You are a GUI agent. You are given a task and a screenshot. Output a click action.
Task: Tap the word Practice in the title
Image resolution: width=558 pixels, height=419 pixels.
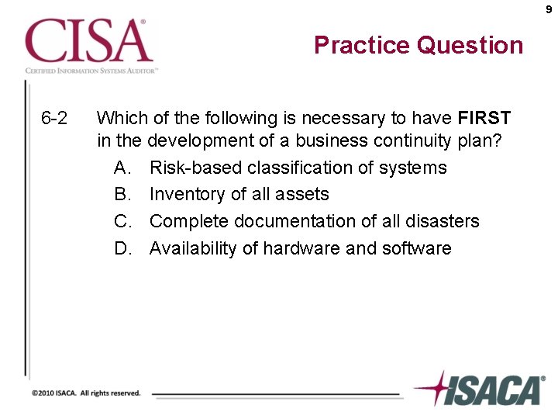[x=362, y=45]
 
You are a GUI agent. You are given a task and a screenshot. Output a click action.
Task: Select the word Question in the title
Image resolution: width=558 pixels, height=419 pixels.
[x=470, y=45]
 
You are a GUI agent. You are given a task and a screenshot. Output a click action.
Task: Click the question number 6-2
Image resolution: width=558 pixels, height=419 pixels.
[x=54, y=119]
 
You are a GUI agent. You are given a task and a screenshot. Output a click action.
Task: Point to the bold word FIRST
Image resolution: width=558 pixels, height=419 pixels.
[x=484, y=119]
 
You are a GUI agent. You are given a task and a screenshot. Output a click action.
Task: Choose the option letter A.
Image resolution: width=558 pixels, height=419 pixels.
[x=122, y=168]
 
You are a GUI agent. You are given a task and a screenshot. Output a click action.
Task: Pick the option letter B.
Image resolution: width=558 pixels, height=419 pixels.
[x=122, y=194]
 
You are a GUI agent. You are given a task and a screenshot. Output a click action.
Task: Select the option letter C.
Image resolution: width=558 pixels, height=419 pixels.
[x=122, y=221]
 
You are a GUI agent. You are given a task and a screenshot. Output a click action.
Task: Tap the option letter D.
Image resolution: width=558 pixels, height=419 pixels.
[x=122, y=248]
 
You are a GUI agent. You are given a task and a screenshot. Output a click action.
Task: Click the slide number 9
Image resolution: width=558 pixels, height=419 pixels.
[x=549, y=10]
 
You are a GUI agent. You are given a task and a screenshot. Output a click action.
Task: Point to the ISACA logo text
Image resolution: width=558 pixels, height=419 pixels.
[x=496, y=390]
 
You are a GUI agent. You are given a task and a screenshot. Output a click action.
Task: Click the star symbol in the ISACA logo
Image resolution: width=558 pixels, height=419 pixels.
[x=433, y=388]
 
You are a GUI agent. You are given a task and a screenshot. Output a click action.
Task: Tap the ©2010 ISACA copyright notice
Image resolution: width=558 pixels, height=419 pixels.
[x=86, y=393]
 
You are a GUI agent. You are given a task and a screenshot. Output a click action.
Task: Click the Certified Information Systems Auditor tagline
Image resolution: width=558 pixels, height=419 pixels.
[x=91, y=70]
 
